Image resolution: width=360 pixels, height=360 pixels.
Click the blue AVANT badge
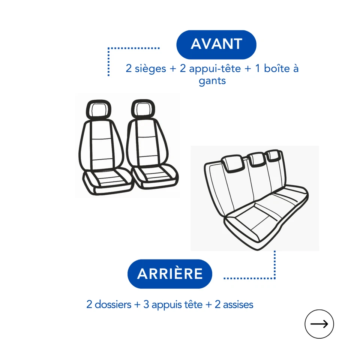point(216,44)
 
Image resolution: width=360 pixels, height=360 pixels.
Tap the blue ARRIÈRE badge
point(170,274)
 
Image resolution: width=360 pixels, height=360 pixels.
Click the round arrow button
point(319,324)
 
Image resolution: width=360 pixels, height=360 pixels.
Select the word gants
point(212,81)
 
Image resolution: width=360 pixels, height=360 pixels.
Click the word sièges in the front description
point(151,69)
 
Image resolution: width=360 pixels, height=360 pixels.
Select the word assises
point(238,304)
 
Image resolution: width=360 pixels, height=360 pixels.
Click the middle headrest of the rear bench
point(257,159)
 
